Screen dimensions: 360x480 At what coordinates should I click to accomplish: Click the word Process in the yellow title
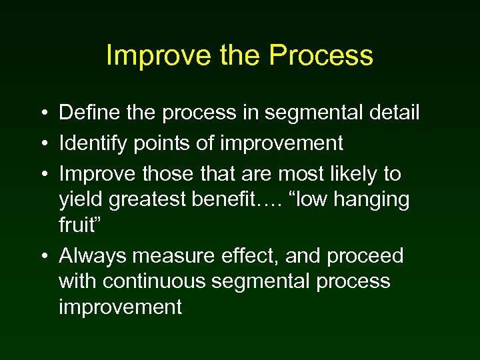point(321,56)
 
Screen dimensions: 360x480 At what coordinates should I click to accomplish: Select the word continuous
point(157,281)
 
